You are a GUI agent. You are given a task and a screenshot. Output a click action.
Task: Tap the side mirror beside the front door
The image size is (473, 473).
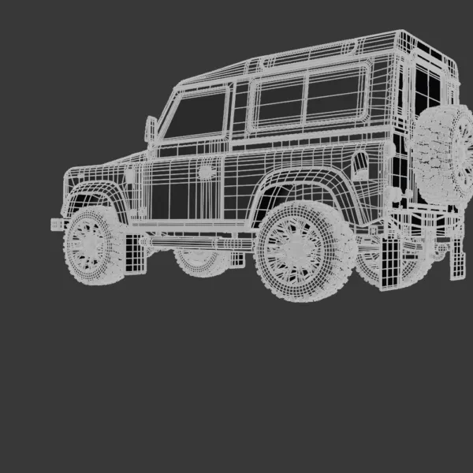pos(151,128)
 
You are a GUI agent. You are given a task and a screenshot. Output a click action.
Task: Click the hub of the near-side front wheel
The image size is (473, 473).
pos(91,241)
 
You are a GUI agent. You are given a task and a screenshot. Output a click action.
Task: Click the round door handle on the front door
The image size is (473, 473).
pos(207,171)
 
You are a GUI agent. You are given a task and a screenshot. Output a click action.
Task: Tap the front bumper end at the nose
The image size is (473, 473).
pos(58,224)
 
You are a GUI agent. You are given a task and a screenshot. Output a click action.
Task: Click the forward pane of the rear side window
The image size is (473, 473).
pos(280,102)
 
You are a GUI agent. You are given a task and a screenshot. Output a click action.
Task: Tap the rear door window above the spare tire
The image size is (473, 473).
pos(426,87)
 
